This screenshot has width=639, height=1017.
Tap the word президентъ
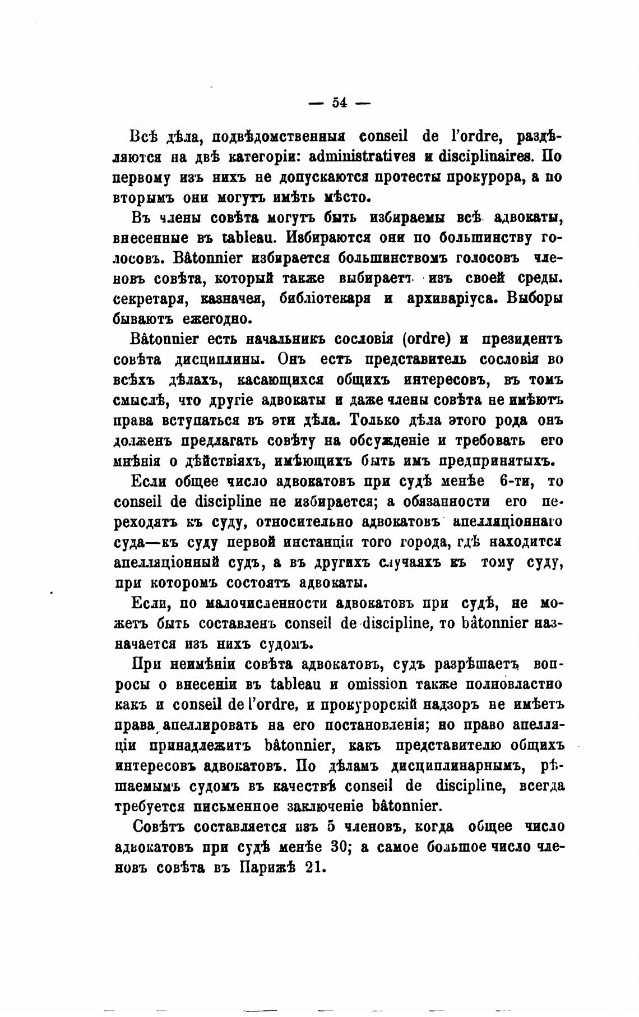coord(522,340)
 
